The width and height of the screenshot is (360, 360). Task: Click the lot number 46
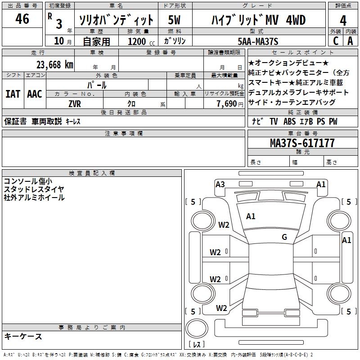point(22,19)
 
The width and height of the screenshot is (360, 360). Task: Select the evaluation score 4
point(343,20)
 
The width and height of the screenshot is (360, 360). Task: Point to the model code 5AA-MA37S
point(258,41)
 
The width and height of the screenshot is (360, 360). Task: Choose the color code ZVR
point(75,103)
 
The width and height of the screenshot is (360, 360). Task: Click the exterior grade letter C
point(335,41)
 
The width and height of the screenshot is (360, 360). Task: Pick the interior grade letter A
point(350,41)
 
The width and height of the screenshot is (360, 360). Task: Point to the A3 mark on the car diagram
point(220,184)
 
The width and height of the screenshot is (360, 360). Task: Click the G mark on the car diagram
point(284,237)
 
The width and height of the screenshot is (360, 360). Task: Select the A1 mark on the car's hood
point(251,216)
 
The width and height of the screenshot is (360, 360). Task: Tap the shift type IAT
point(13,94)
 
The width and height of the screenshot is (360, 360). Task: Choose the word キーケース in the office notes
point(23,336)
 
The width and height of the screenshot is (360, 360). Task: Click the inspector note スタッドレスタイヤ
point(34,189)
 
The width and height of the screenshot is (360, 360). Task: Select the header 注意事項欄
point(123,134)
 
